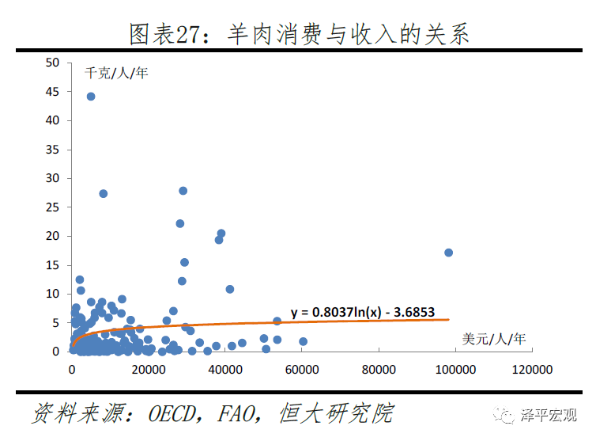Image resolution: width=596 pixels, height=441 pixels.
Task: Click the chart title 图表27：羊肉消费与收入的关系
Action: pos(299,33)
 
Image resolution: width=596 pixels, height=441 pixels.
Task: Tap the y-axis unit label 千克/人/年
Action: pos(117,74)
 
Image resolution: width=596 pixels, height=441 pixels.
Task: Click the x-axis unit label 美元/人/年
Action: pos(494,339)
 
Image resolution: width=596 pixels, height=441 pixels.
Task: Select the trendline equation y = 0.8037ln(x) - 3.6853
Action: pos(363,312)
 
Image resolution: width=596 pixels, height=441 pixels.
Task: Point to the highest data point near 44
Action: pos(91,97)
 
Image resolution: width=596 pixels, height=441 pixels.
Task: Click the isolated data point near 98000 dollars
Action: pos(448,253)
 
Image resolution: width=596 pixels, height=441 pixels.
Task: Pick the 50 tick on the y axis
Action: pos(53,63)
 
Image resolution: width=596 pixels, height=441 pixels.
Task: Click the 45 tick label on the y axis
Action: pos(53,92)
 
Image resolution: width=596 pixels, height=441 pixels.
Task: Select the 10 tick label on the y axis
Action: pos(53,294)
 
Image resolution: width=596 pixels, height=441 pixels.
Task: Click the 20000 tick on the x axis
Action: pos(148,369)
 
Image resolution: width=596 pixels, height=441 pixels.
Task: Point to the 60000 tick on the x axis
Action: pos(302,369)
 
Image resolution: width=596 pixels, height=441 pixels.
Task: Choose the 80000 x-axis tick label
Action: pos(379,369)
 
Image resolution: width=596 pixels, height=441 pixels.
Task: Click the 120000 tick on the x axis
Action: pos(531,369)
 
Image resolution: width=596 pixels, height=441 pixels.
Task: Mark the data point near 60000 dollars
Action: pos(303,341)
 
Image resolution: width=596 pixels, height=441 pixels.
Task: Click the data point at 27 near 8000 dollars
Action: pos(103,193)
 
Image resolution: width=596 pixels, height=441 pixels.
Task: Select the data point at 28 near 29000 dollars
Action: pos(183,191)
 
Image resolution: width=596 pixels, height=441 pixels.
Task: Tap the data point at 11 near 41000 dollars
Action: pos(230,289)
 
